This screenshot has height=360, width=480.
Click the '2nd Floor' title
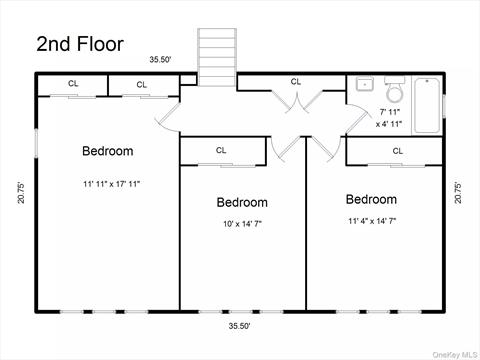[80, 44]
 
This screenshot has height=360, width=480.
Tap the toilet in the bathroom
[395, 89]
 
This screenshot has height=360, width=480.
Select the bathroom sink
[364, 84]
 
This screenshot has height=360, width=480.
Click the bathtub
[427, 105]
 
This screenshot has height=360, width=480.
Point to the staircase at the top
[217, 57]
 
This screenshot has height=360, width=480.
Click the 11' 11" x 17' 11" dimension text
[111, 184]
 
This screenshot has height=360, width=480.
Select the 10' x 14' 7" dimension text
[242, 224]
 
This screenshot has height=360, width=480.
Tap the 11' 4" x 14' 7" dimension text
[372, 221]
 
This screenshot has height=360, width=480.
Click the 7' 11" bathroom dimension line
[390, 112]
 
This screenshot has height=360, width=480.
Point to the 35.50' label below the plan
[239, 326]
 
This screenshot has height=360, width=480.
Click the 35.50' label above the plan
[160, 60]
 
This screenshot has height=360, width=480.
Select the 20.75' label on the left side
[21, 192]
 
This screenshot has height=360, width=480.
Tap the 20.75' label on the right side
[458, 192]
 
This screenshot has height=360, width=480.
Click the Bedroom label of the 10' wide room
[242, 202]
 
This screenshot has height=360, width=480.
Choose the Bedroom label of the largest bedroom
[108, 151]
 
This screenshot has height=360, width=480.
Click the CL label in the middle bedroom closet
[221, 150]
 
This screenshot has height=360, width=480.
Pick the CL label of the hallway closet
[296, 82]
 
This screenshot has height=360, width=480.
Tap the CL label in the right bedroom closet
[398, 151]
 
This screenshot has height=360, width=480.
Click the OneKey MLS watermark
[455, 354]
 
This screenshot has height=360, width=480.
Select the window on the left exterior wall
[36, 143]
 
